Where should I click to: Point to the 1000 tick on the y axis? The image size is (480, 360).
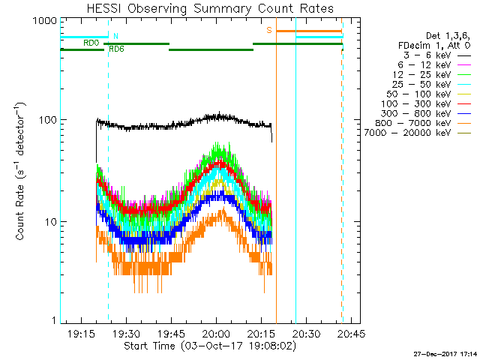click(x=46, y=20)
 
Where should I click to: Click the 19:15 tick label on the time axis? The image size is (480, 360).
click(x=81, y=332)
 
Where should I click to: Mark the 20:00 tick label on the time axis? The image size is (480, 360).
click(x=216, y=332)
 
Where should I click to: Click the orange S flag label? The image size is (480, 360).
click(x=268, y=29)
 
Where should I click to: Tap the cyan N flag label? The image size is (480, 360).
click(x=115, y=35)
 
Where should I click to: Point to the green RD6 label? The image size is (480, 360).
click(x=117, y=49)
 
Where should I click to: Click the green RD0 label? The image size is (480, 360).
click(x=91, y=43)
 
